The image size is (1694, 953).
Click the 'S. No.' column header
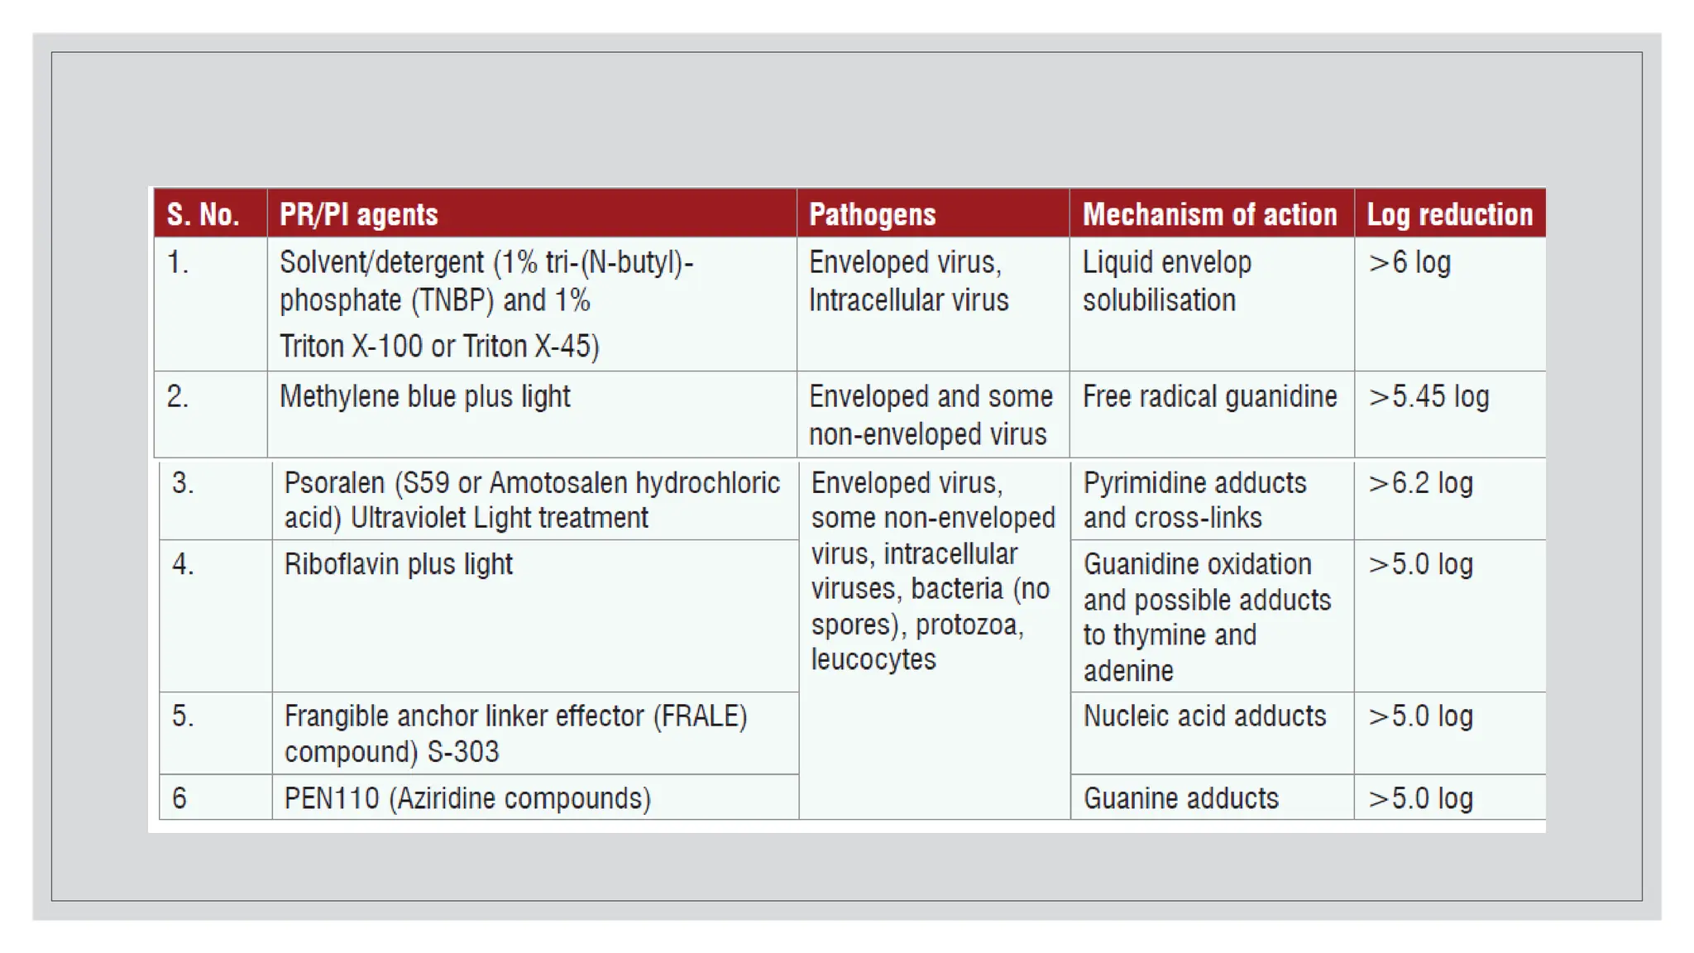(x=203, y=214)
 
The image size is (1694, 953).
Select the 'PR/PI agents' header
(x=358, y=214)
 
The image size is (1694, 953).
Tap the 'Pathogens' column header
(x=872, y=214)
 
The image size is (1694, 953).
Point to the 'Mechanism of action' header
(x=1209, y=214)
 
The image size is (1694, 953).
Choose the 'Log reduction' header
(x=1449, y=214)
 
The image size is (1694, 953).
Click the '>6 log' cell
(x=1409, y=262)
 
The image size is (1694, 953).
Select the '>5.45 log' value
(x=1428, y=396)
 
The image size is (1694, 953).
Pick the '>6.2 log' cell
(x=1420, y=482)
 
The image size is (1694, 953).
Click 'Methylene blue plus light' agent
(x=425, y=396)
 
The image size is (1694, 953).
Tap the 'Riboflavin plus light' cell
(x=398, y=564)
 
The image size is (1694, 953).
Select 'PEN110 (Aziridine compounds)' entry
(x=467, y=798)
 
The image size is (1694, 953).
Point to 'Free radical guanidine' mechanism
(x=1209, y=396)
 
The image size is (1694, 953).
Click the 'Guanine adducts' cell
(x=1180, y=798)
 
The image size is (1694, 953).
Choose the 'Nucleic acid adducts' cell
(x=1204, y=716)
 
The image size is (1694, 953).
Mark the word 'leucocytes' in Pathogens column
(x=873, y=659)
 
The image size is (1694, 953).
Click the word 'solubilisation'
(x=1159, y=299)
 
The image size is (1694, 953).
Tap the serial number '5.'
(x=183, y=716)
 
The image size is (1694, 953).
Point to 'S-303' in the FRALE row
(x=463, y=751)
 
